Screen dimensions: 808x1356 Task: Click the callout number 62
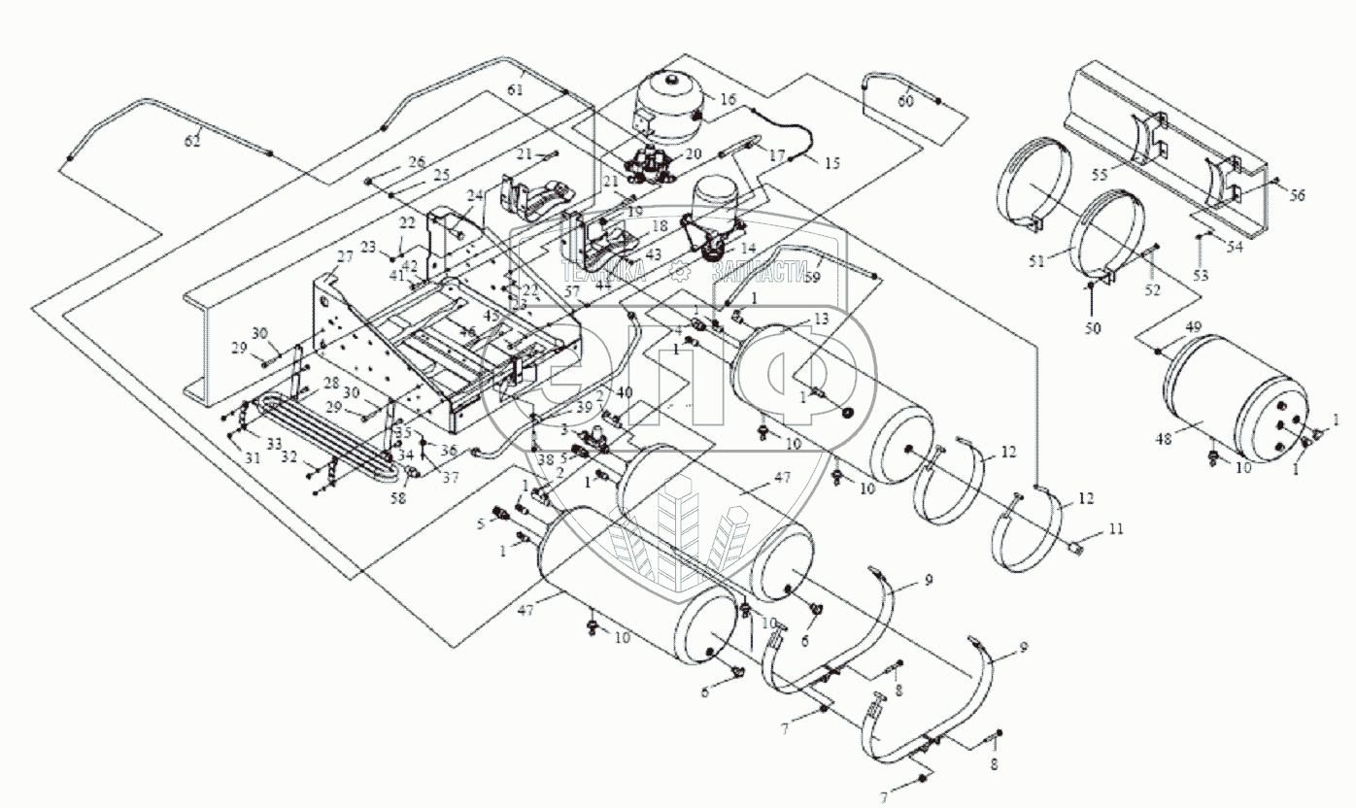(x=192, y=142)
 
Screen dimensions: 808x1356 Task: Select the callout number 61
(x=515, y=90)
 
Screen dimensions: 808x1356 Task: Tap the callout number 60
(x=905, y=100)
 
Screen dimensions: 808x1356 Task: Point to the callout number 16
(x=729, y=100)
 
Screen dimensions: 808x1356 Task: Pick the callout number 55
(x=1100, y=176)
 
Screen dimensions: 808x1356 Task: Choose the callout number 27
(x=345, y=257)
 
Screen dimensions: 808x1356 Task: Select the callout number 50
(x=1092, y=329)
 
